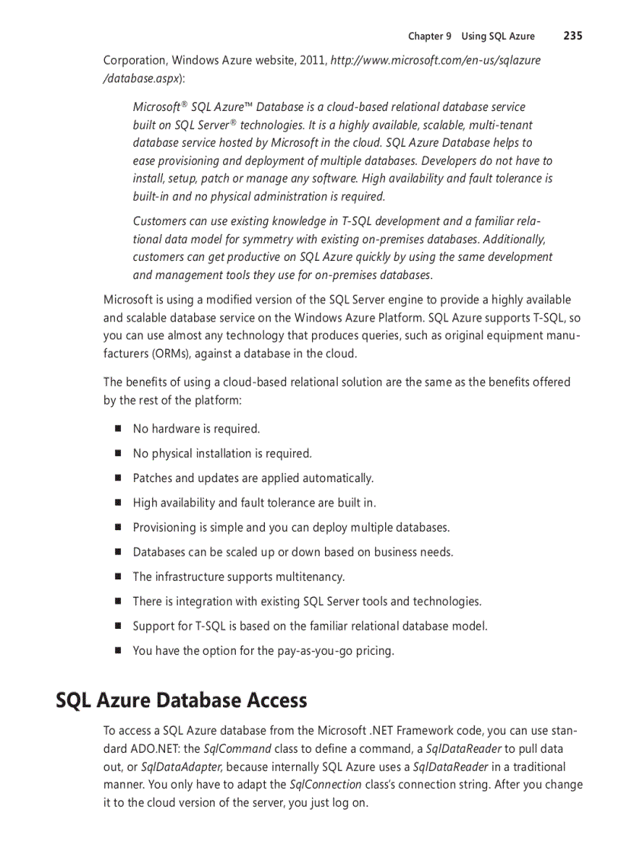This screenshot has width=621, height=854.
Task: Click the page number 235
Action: (573, 36)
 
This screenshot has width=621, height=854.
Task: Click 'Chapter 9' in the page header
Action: (429, 37)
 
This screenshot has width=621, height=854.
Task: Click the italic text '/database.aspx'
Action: (141, 78)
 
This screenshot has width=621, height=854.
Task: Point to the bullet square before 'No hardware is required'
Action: (119, 428)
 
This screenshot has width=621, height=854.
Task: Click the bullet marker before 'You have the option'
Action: (119, 650)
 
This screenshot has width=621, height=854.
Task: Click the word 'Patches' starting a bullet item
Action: (153, 478)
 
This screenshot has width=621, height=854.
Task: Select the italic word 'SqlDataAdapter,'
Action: (182, 767)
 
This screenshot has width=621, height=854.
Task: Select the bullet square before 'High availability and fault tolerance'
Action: (119, 503)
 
